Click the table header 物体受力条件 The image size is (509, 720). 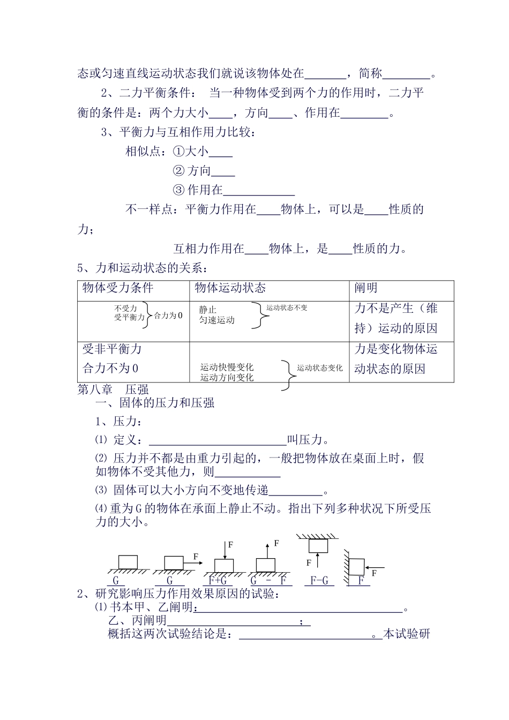118,288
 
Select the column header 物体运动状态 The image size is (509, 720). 230,288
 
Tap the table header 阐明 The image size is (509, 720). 366,288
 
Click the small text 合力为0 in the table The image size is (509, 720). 168,316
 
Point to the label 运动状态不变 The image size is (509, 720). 287,308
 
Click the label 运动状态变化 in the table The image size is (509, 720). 320,368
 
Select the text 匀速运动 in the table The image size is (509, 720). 217,320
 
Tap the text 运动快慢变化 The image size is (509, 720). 227,367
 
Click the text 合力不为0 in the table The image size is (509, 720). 110,369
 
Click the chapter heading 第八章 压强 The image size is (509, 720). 113,389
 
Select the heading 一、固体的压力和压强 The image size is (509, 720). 155,403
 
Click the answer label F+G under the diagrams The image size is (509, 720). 218,580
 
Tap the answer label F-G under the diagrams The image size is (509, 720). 319,580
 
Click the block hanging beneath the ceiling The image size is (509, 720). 318,545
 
